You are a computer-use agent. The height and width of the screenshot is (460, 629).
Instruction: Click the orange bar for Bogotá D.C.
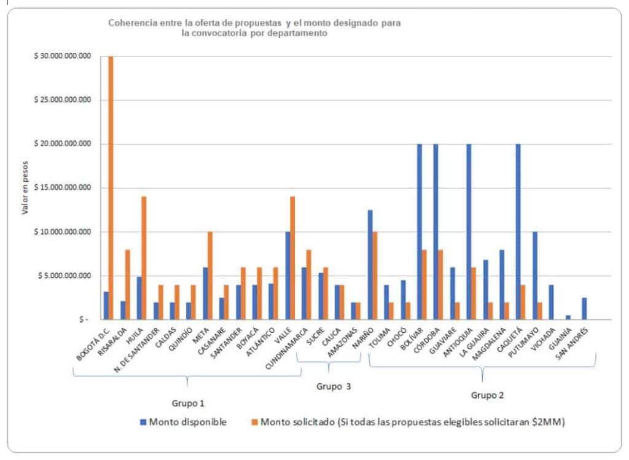pos(111,187)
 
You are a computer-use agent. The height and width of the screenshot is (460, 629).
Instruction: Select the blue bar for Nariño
pos(370,265)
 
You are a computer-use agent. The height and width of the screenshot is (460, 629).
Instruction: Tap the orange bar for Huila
pos(144,258)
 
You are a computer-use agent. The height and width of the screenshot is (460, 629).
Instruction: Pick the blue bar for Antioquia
pos(469,232)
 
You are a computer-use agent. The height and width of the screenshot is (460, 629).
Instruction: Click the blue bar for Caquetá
pos(518,232)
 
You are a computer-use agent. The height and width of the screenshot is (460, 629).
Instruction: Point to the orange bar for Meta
pos(210,276)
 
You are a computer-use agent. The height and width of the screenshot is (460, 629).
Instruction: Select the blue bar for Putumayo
pos(534,276)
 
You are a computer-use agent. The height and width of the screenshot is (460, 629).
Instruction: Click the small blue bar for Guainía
pos(568,318)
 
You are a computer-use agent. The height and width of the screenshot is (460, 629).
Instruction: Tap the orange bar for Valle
pos(292,258)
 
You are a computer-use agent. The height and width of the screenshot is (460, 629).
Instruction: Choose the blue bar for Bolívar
pos(420,232)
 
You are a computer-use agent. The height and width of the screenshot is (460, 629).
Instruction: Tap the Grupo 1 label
pos(187,403)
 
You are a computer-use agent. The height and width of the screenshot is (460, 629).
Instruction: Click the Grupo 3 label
pos(333,386)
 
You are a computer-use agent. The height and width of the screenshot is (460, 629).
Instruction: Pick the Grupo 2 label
pos(487,396)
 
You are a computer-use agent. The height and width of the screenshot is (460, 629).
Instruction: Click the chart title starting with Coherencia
pos(254,28)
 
